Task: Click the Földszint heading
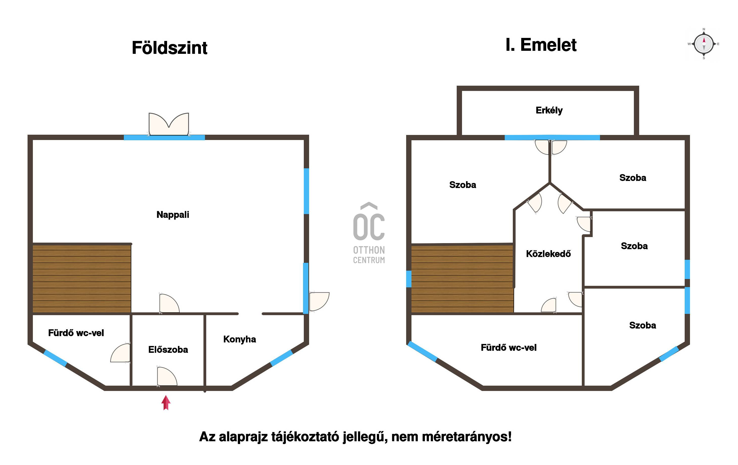tap(170, 48)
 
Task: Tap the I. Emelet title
tap(541, 45)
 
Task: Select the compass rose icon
tap(704, 44)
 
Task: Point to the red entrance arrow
tap(166, 403)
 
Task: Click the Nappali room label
tap(173, 215)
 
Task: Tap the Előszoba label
tap(168, 350)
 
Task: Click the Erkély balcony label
tap(549, 110)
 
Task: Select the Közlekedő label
tap(548, 253)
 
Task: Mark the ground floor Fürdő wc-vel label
tap(76, 333)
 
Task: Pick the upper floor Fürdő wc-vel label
tap(509, 347)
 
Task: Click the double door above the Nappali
tap(169, 124)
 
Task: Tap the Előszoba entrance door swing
tap(167, 376)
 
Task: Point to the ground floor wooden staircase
tap(82, 278)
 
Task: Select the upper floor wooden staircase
tap(462, 278)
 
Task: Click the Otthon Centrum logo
tap(369, 233)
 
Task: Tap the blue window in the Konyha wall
tap(281, 358)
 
